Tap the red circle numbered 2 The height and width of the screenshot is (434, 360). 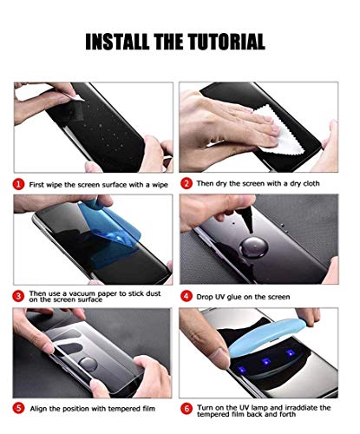click(x=186, y=184)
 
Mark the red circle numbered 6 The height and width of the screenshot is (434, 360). click(x=186, y=407)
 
